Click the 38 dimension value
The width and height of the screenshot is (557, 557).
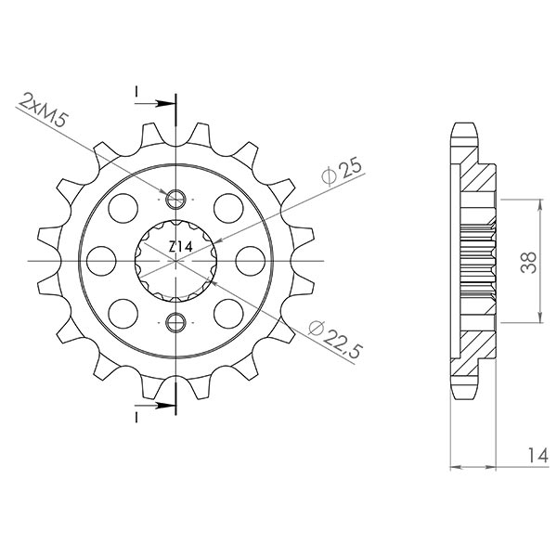(527, 265)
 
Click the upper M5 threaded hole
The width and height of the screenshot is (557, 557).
(175, 198)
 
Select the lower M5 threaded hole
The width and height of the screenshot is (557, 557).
(175, 323)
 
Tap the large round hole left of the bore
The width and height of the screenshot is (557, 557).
(104, 260)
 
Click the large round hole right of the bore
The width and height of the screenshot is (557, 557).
(248, 260)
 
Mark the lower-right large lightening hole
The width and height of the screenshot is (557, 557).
(227, 311)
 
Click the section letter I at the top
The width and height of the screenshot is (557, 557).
(136, 91)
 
